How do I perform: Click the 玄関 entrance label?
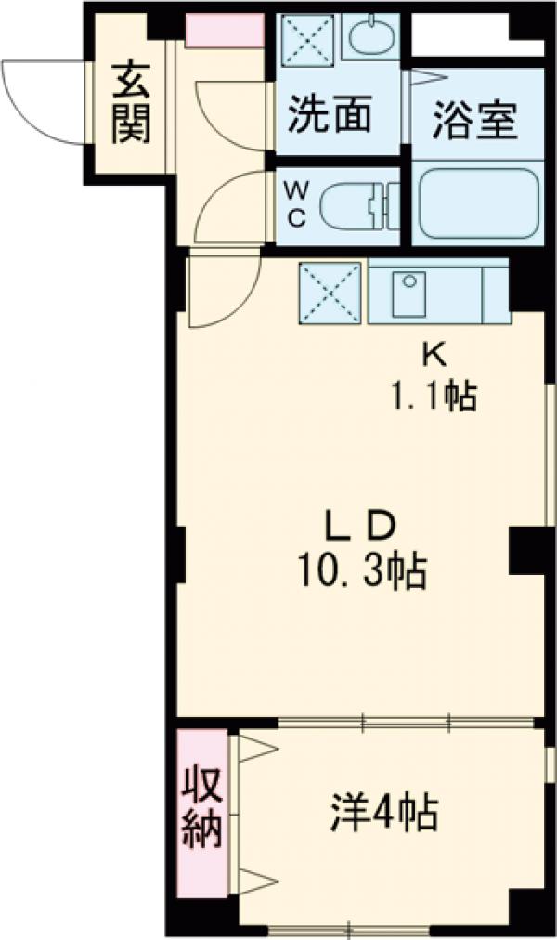(131, 103)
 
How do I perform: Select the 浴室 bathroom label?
(475, 121)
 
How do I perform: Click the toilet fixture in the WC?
(358, 207)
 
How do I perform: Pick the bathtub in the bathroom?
(478, 203)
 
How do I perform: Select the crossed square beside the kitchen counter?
(330, 294)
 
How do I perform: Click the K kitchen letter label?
(434, 357)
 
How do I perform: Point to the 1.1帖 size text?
(434, 396)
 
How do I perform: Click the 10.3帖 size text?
(362, 570)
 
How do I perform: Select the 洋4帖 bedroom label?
(383, 813)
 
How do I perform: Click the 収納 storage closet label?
(202, 815)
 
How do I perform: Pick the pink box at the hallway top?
(225, 30)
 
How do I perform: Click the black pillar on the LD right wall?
(527, 551)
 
